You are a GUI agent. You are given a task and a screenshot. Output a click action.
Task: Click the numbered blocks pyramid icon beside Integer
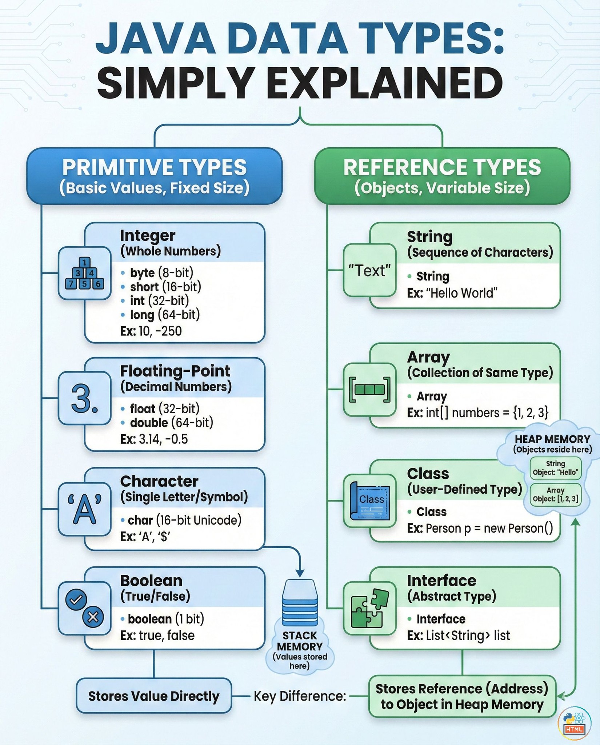point(84,273)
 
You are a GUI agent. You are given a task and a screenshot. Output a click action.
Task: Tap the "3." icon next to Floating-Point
point(84,398)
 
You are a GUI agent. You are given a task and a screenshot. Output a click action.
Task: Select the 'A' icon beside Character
point(84,509)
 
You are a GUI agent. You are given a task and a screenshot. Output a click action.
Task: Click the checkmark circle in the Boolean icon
point(76,600)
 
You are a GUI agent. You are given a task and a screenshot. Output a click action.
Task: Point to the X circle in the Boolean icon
point(93,617)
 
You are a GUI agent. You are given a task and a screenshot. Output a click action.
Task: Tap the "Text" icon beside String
point(369,271)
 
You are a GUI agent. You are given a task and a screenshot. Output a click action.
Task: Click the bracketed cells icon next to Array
point(369,390)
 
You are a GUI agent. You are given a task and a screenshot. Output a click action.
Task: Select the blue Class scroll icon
point(369,501)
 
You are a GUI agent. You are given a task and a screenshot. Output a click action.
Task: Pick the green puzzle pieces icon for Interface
point(369,608)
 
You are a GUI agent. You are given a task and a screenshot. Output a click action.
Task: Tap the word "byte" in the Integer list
point(142,273)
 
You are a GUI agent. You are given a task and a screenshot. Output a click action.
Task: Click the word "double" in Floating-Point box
point(149,423)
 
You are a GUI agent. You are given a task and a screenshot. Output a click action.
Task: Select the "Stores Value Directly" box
point(154,696)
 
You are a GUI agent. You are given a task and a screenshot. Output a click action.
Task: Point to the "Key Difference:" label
point(300,696)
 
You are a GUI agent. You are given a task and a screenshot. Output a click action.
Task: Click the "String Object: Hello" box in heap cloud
point(555,468)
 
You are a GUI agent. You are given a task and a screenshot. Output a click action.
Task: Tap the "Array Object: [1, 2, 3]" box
point(555,495)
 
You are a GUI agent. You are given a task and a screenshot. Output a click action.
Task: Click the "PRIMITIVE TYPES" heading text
point(155,167)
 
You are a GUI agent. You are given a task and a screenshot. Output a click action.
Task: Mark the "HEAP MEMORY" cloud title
point(552,439)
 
